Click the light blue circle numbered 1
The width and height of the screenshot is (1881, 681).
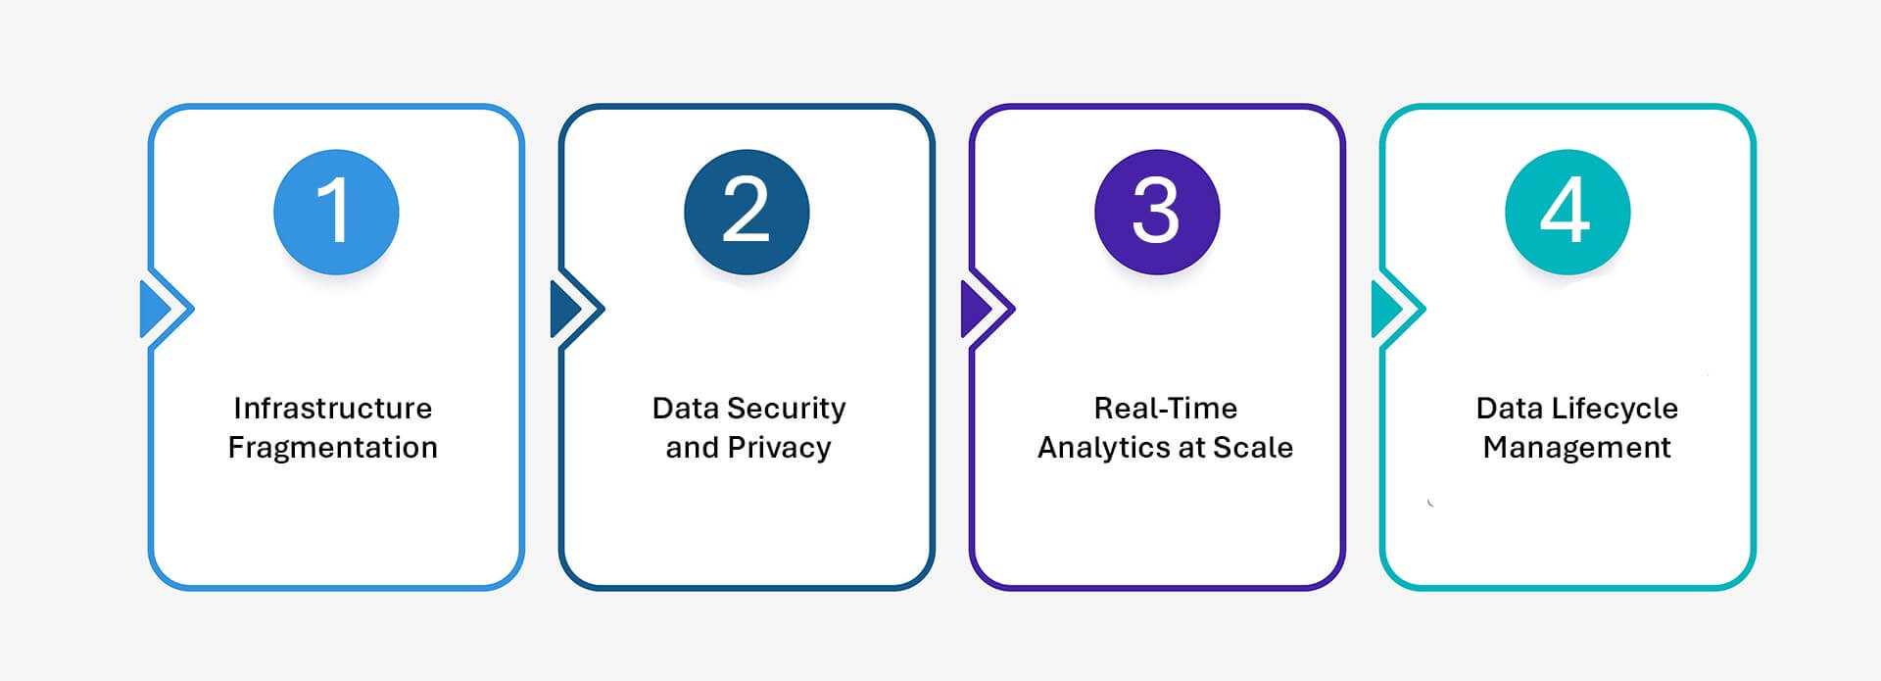(x=336, y=212)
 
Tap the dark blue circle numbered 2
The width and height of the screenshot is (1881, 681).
(x=747, y=212)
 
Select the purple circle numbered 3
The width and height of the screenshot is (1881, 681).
(x=1157, y=212)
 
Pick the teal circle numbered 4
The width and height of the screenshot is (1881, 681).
(x=1567, y=212)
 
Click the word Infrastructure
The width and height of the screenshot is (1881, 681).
(x=333, y=408)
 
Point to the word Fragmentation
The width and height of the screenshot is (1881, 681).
(x=333, y=448)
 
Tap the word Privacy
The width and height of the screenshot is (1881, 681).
(x=780, y=448)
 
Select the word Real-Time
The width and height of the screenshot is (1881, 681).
(x=1166, y=408)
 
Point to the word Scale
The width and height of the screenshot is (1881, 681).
(x=1253, y=448)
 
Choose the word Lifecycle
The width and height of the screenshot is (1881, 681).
(x=1618, y=409)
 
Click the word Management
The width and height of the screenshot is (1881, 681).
(x=1577, y=448)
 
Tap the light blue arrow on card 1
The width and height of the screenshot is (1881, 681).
(x=155, y=310)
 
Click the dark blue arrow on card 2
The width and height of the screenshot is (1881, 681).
(x=565, y=310)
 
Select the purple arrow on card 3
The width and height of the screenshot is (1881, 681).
(x=976, y=310)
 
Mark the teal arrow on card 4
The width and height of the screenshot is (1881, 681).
(x=1386, y=310)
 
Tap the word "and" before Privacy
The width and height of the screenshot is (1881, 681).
(x=693, y=448)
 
